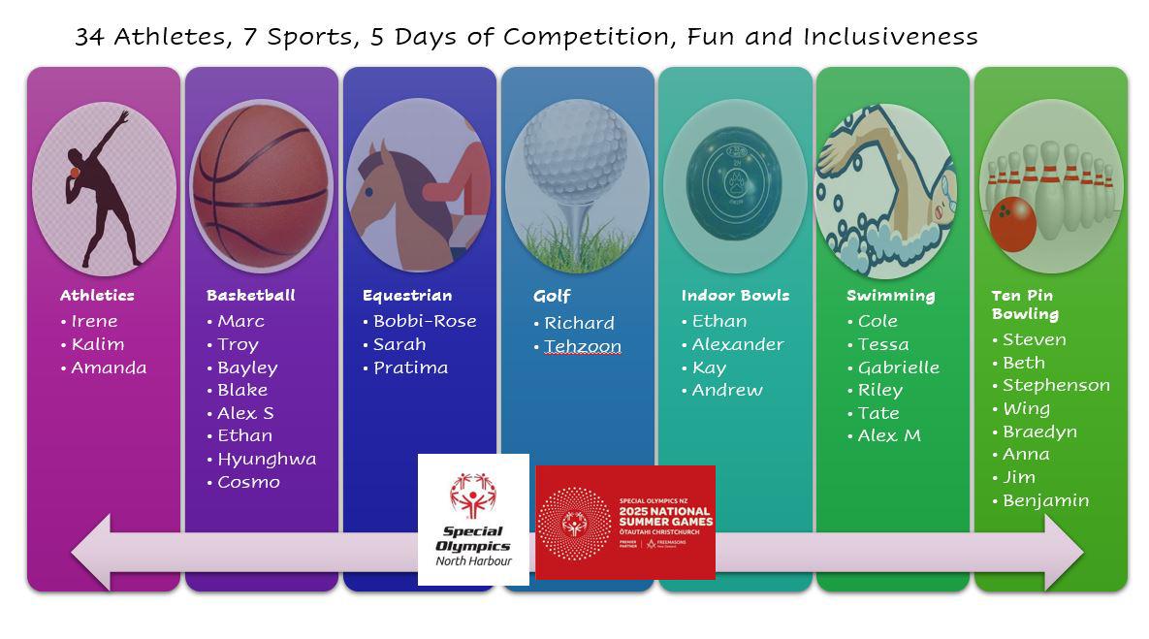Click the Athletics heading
[97, 296]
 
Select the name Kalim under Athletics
[98, 344]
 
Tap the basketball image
[261, 186]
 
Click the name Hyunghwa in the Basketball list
[267, 460]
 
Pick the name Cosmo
[248, 482]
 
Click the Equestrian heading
[407, 296]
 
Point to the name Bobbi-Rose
[425, 321]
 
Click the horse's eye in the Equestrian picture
[369, 192]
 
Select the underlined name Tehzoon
[583, 346]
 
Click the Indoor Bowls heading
[735, 296]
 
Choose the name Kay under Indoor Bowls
[709, 367]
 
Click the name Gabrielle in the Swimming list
[899, 367]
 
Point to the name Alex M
[889, 436]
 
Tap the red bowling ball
[1012, 223]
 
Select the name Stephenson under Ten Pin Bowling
[1056, 386]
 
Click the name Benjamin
[1045, 500]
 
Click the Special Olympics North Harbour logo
[473, 520]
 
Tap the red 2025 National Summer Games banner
[625, 523]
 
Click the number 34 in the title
[90, 37]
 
